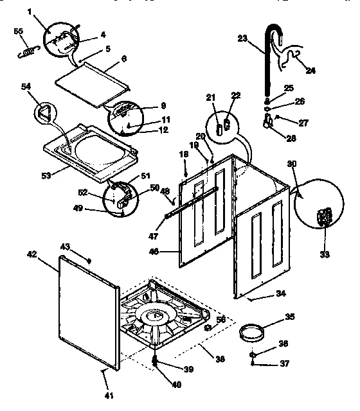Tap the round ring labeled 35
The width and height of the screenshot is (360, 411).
[x=253, y=333]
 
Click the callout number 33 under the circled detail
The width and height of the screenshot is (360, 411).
[x=325, y=255]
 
